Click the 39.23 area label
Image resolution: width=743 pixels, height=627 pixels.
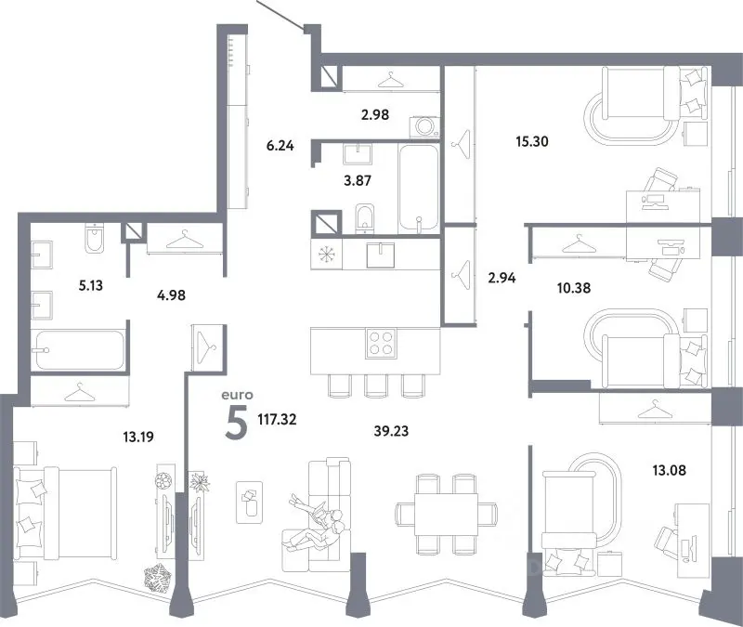pos(391,431)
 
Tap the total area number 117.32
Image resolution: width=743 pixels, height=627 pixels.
pos(277,419)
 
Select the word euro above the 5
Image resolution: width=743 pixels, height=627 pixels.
pos(237,395)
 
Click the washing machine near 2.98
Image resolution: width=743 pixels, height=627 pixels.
pos(424,127)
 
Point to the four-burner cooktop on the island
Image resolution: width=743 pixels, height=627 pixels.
pos(381,343)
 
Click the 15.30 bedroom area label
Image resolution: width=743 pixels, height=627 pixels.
pos(532,141)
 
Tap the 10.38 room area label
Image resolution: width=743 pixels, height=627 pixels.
pos(574,288)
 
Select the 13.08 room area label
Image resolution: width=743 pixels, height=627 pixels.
pos(669,470)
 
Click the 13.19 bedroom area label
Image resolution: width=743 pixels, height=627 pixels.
pos(138,436)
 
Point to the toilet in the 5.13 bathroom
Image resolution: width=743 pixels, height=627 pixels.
pos(96,239)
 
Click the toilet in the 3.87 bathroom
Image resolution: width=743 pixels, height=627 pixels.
pos(364,218)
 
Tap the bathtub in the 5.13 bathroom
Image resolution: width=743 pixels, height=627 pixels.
pos(80,350)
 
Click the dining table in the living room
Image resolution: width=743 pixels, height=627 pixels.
pos(446,515)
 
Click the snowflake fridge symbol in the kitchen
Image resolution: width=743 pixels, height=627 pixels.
pos(327,254)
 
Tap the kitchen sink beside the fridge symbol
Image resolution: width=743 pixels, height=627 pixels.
pos(380,255)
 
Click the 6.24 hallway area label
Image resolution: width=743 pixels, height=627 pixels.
pos(280,146)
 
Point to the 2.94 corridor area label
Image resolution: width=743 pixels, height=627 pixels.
pos(502,277)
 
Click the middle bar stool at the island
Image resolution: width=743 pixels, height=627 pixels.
pos(376,385)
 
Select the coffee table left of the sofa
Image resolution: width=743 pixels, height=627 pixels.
pos(249,503)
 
